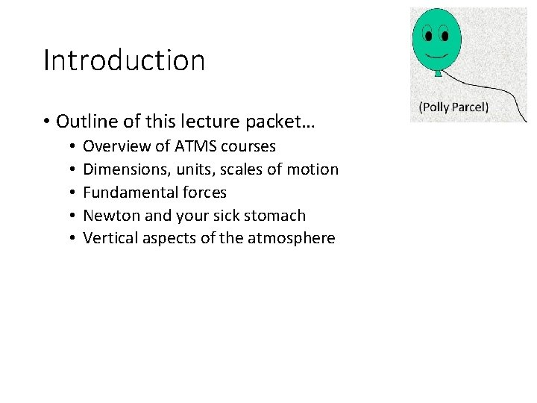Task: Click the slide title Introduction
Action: pos(124,60)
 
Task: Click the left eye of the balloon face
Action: pos(429,34)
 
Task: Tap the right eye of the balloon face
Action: pos(444,34)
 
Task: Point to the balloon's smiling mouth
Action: pos(436,54)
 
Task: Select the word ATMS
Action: pos(195,146)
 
